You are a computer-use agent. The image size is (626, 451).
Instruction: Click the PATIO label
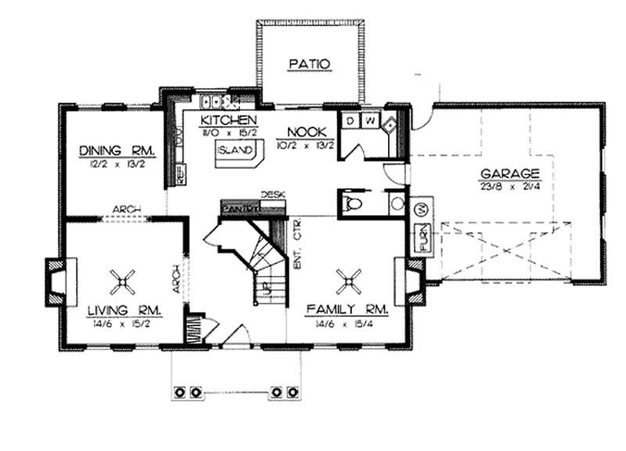[x=311, y=63]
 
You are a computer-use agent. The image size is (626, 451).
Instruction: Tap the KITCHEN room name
[x=228, y=120]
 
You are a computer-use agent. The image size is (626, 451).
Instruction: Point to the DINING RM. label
[x=119, y=151]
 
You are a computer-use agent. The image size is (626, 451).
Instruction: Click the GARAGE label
[x=509, y=174]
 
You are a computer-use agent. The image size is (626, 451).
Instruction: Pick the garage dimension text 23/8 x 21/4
[x=509, y=186]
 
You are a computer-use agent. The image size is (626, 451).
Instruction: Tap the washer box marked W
[x=369, y=120]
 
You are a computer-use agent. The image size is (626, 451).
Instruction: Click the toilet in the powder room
[x=354, y=204]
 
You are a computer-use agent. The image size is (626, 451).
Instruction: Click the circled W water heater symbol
[x=419, y=209]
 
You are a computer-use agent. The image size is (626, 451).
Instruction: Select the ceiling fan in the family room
[x=347, y=278]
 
